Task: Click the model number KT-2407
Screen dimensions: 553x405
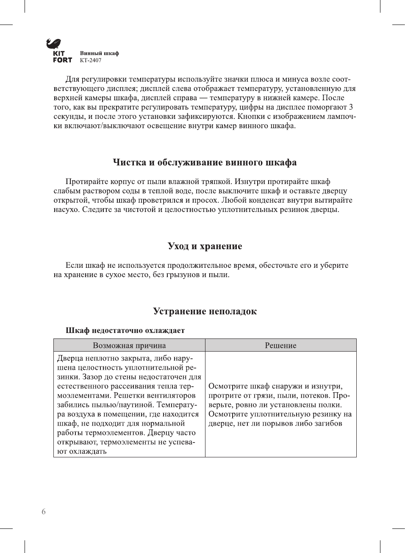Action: pos(91,61)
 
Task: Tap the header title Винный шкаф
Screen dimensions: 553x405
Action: pos(99,53)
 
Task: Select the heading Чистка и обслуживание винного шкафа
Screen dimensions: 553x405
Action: pos(205,162)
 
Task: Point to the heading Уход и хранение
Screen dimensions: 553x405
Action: pos(205,246)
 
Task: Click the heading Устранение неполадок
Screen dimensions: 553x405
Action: pos(205,311)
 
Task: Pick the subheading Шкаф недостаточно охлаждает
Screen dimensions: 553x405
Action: pos(125,330)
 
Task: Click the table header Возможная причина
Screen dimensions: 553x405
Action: pos(129,345)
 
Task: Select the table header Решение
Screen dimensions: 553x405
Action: pos(280,345)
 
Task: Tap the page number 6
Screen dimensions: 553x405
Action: pos(44,512)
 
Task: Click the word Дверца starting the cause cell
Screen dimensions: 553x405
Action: pos(71,358)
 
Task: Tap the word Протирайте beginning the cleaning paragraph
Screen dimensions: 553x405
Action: pos(88,182)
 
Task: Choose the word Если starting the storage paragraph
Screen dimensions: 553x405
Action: pos(74,266)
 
